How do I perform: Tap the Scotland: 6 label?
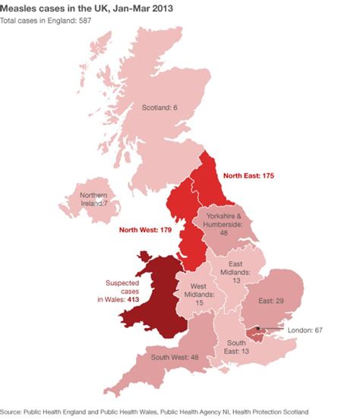pyautogui.click(x=160, y=108)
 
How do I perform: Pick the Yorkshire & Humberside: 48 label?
pyautogui.click(x=224, y=225)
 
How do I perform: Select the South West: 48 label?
pyautogui.click(x=175, y=358)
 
